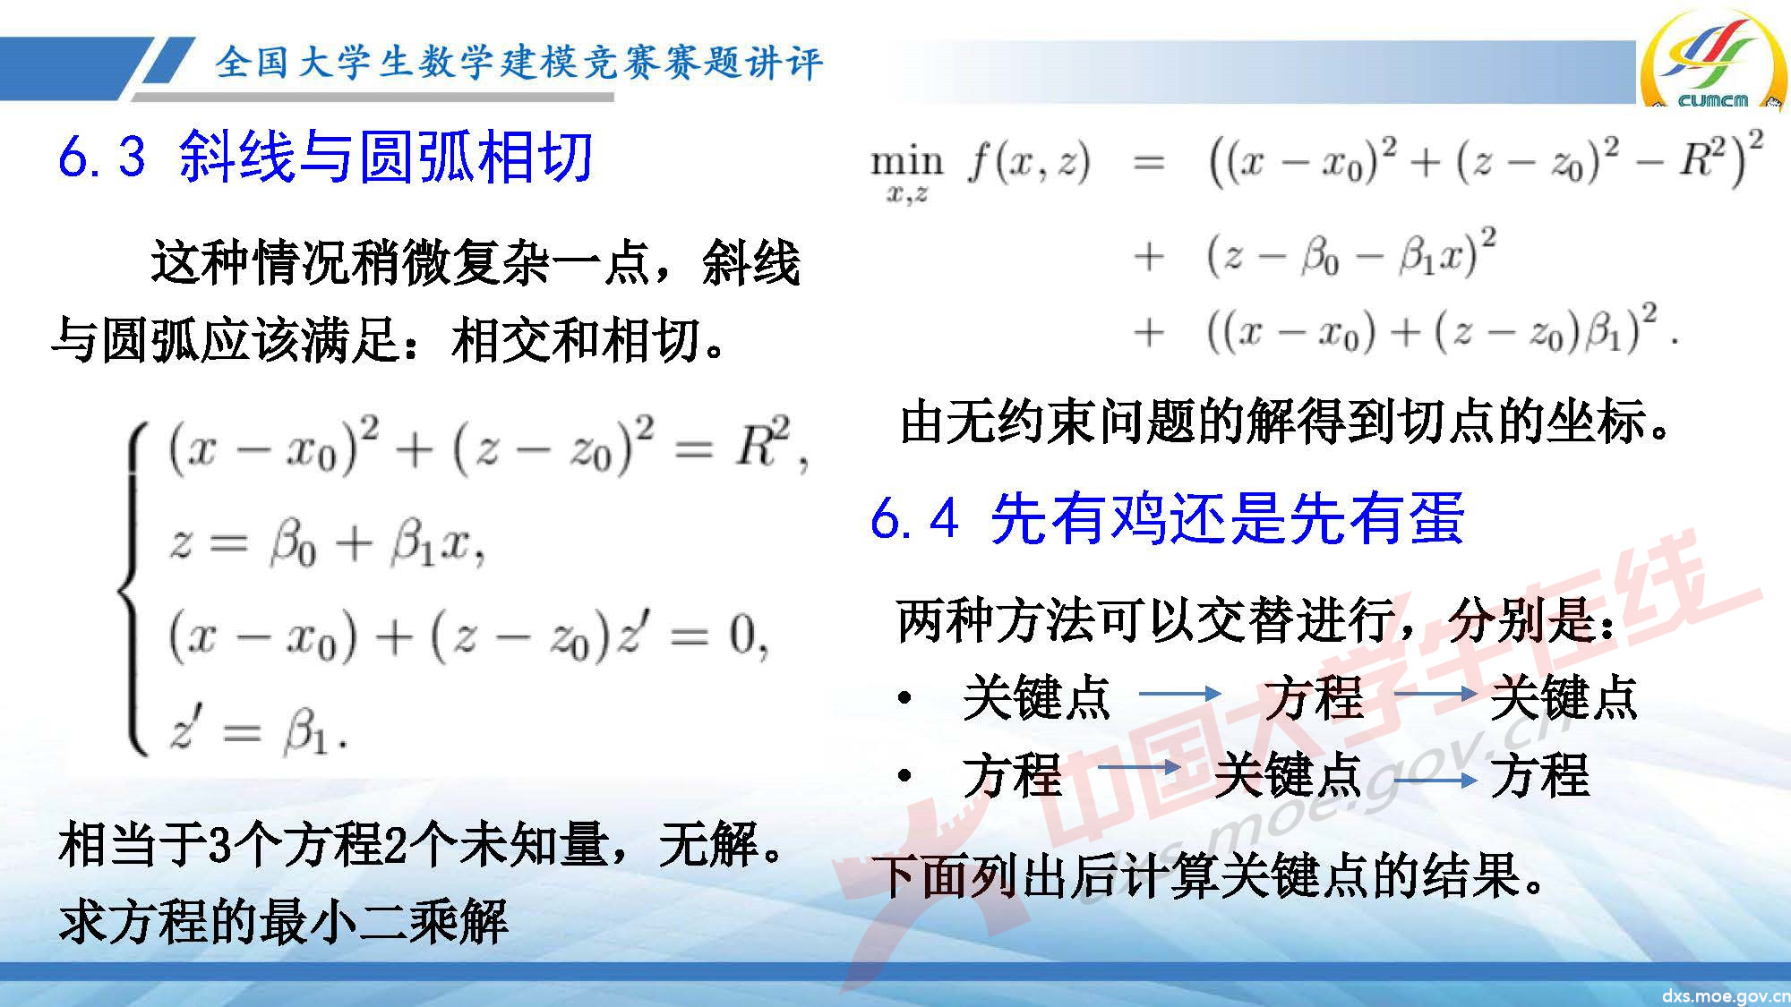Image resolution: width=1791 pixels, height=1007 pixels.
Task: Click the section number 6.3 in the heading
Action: (101, 157)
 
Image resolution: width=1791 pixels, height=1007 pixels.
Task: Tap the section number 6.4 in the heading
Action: (913, 518)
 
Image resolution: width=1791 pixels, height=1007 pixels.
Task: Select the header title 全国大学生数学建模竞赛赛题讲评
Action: (518, 63)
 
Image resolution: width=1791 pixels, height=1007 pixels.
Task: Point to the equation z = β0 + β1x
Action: (327, 543)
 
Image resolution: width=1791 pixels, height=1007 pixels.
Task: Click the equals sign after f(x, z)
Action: (1149, 163)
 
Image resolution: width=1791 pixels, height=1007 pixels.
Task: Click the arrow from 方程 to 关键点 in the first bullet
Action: (1435, 694)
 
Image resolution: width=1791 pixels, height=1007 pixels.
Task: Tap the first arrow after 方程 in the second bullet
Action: (1139, 768)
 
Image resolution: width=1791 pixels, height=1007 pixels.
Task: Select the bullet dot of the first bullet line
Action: (905, 697)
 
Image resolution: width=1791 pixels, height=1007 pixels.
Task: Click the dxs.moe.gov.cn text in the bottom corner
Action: (1725, 995)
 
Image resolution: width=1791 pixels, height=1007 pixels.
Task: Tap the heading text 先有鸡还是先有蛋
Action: (1227, 518)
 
